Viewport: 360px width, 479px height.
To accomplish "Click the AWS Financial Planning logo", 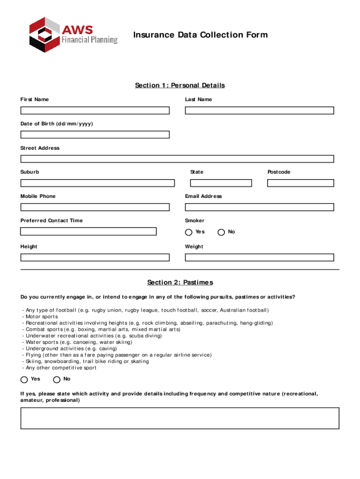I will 73,35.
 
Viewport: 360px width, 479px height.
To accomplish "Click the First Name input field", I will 95,110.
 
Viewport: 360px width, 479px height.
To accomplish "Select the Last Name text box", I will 259,110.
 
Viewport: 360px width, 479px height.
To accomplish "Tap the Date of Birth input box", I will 95,135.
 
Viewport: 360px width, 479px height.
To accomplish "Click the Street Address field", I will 177,159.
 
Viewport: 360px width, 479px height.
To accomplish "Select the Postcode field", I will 301,183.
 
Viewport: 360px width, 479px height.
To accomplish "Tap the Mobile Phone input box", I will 95,207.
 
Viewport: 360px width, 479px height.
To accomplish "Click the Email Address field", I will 259,207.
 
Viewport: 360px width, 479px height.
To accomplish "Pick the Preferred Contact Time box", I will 88,231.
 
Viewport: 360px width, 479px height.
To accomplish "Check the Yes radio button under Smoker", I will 188,232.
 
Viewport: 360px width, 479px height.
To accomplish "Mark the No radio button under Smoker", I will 221,232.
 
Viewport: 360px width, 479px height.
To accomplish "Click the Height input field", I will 95,257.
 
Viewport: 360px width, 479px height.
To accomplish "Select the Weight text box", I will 259,257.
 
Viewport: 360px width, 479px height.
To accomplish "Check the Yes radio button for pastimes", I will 24,379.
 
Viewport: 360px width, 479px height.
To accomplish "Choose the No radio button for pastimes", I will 57,379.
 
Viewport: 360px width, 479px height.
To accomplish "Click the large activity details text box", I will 180,418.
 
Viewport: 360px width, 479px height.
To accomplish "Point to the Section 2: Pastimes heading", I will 180,283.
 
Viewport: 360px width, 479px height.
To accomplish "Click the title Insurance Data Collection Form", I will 201,35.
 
